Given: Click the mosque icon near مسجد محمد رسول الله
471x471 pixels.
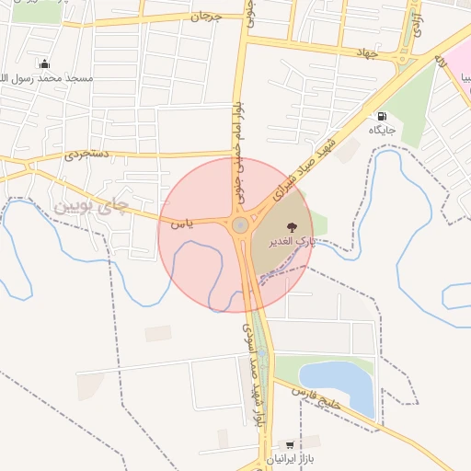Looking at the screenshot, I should (x=44, y=63).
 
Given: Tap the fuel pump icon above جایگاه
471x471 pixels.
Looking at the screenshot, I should (x=381, y=116).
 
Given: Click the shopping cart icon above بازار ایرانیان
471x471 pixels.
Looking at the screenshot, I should (x=291, y=444).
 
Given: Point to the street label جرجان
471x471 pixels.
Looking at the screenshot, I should (x=207, y=17).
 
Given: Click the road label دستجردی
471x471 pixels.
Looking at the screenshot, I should (x=86, y=154).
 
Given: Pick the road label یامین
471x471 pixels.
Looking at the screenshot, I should (x=182, y=223).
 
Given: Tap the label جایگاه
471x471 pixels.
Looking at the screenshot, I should (x=382, y=131).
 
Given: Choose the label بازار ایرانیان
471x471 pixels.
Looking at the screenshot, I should (x=291, y=458).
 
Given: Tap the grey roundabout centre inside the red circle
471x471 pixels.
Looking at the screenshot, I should (x=240, y=225).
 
